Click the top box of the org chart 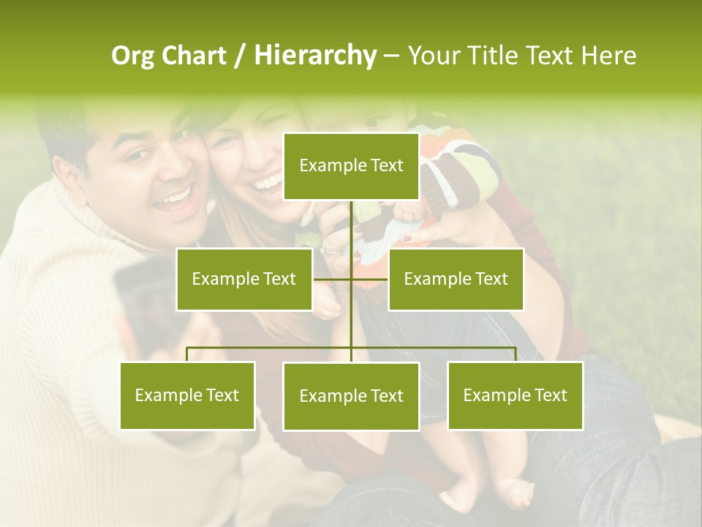351,166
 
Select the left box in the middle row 244,279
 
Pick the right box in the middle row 456,279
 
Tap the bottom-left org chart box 187,395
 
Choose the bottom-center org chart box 351,396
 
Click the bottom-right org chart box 515,395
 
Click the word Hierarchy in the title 314,56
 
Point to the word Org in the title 133,56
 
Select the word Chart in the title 194,56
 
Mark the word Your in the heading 436,56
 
